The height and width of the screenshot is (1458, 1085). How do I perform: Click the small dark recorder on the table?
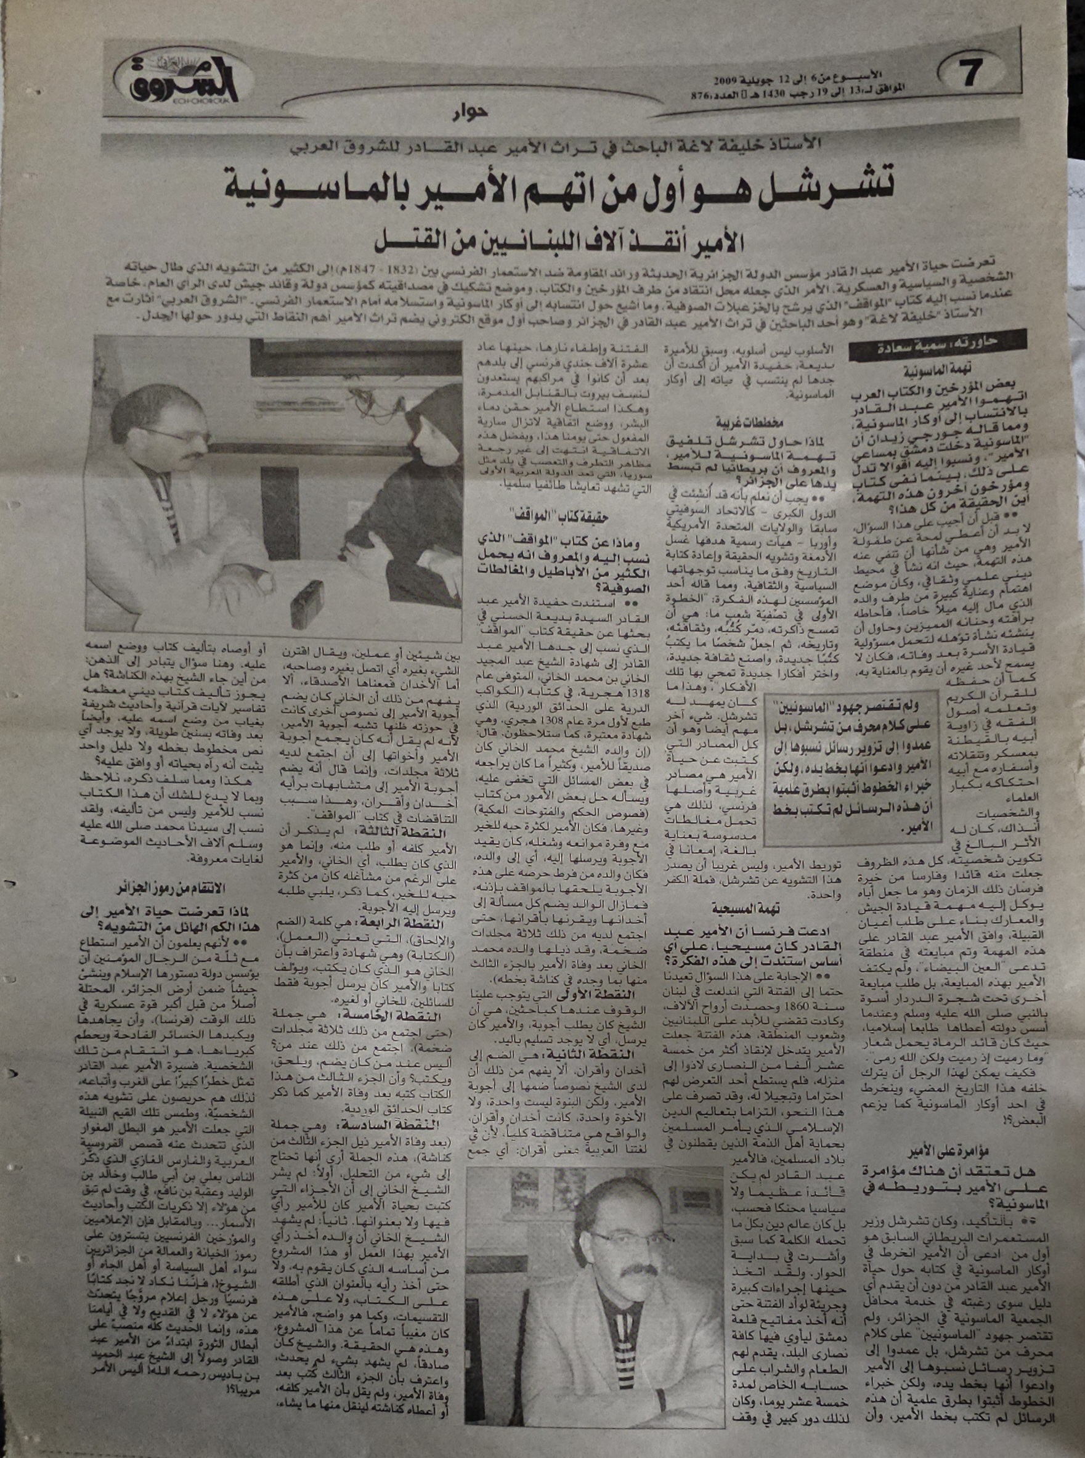pyautogui.click(x=305, y=600)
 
